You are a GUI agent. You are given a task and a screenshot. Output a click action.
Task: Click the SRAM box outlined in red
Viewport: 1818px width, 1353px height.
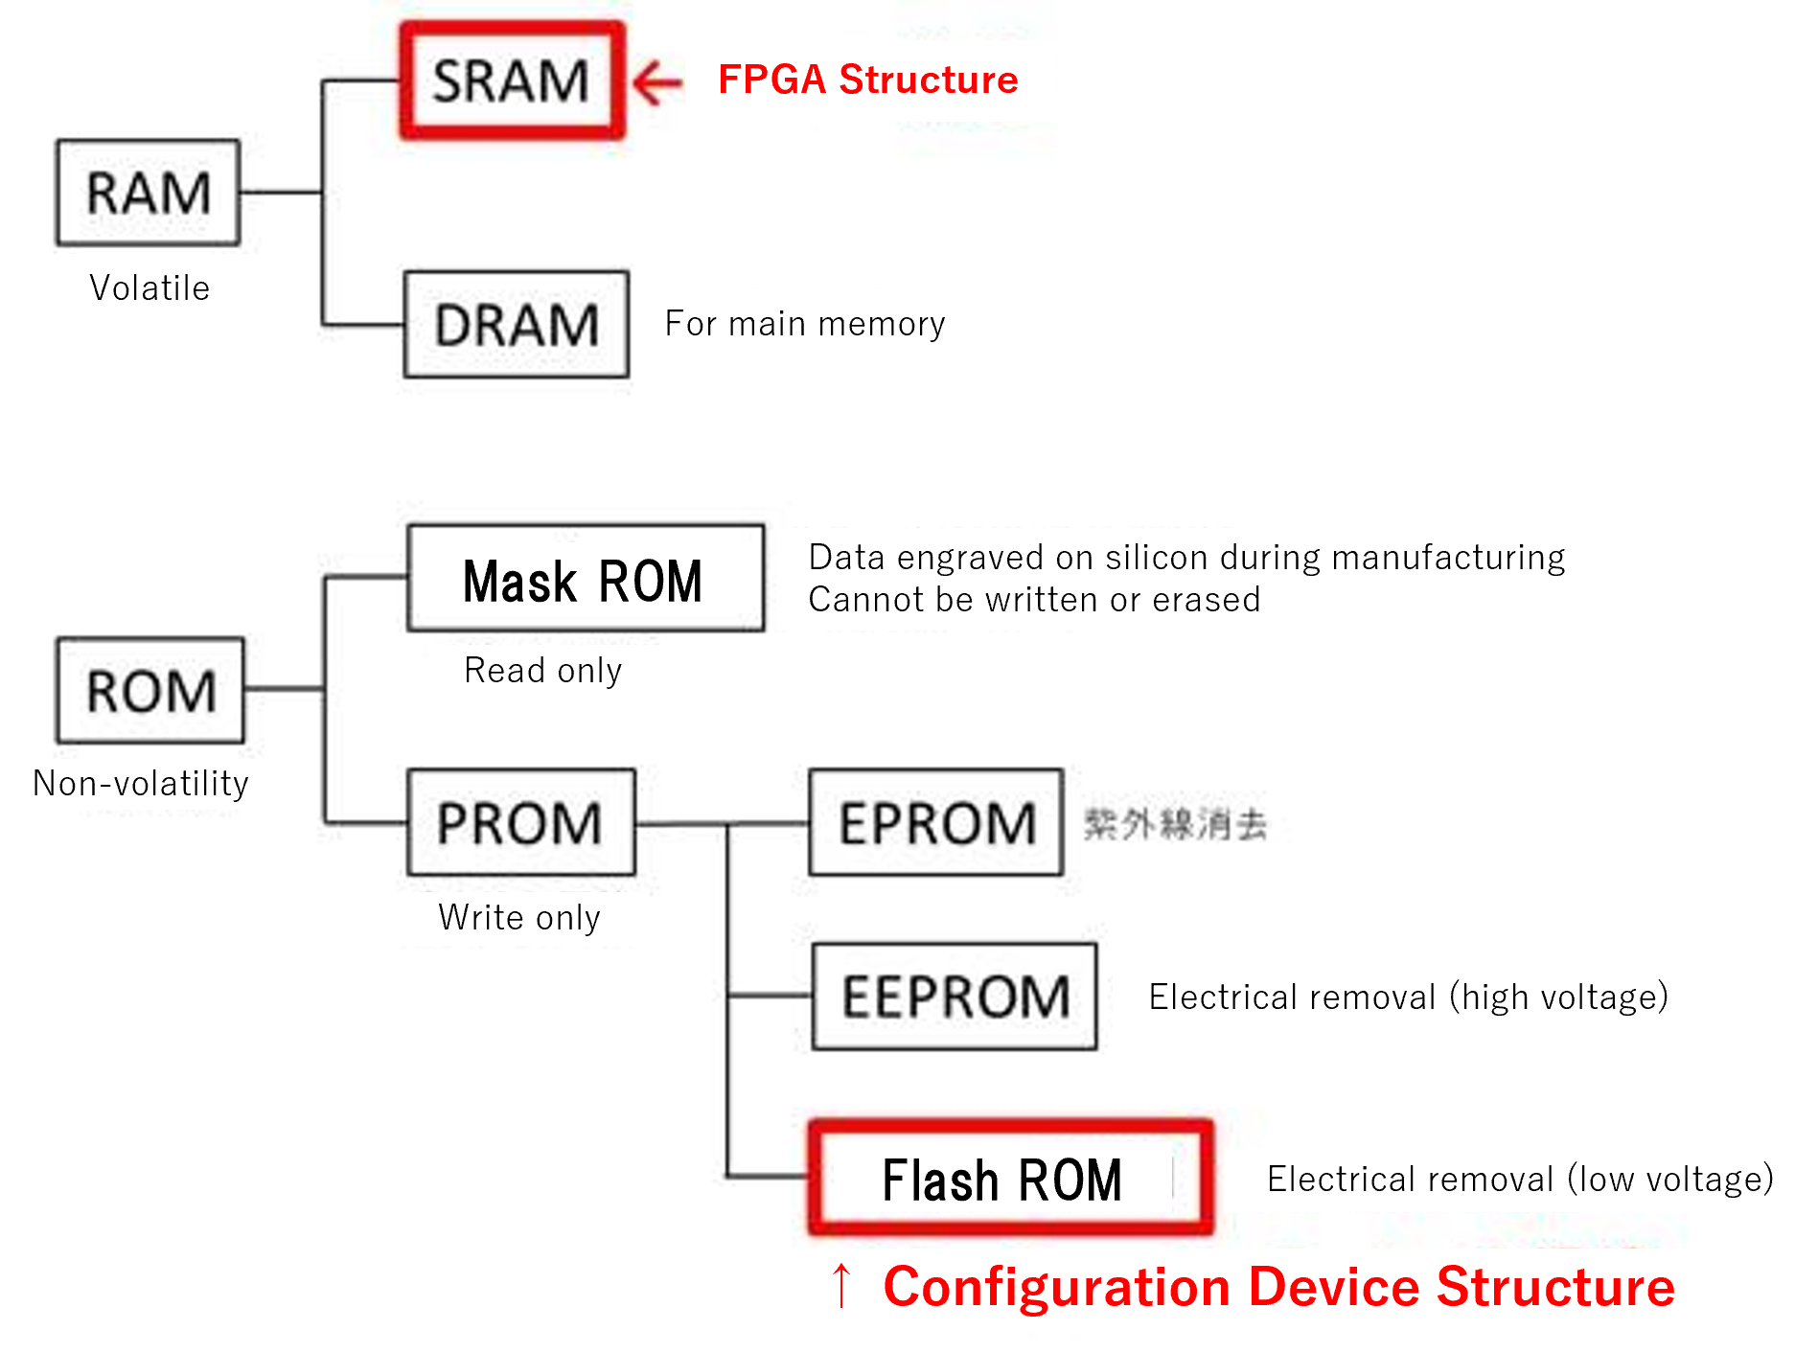[x=512, y=81]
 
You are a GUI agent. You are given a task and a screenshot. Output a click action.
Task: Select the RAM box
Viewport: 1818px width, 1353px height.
[x=148, y=193]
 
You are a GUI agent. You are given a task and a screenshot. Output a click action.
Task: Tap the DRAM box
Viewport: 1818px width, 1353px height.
[x=516, y=325]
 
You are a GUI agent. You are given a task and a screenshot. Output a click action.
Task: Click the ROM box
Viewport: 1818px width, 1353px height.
[x=150, y=691]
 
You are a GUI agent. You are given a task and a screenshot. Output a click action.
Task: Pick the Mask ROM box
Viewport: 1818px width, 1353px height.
[x=585, y=579]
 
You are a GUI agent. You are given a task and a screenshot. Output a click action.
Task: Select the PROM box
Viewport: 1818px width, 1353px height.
[x=520, y=822]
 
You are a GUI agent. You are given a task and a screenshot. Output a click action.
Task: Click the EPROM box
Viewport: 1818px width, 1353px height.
[x=935, y=822]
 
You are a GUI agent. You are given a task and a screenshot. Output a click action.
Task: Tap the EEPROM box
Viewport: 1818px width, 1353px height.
[x=955, y=997]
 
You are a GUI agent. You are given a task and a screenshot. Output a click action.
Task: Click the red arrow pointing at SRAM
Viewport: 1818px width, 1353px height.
[x=657, y=81]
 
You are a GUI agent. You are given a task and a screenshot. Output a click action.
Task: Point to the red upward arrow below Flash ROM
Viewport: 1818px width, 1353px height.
[x=840, y=1285]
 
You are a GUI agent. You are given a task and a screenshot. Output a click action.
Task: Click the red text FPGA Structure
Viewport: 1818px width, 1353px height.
[x=867, y=80]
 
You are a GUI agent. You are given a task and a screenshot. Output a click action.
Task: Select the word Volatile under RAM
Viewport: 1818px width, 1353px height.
[x=150, y=288]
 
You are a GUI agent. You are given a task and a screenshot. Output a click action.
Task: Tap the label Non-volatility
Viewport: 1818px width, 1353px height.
[x=141, y=784]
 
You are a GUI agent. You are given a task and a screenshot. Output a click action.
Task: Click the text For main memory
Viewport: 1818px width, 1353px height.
[x=805, y=324]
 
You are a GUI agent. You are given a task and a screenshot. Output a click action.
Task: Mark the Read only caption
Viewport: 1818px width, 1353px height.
[x=542, y=670]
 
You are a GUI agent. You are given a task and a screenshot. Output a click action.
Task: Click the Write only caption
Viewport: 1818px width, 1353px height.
[x=519, y=917]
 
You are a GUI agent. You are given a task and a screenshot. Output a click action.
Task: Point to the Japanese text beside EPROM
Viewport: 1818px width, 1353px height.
[x=1175, y=823]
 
